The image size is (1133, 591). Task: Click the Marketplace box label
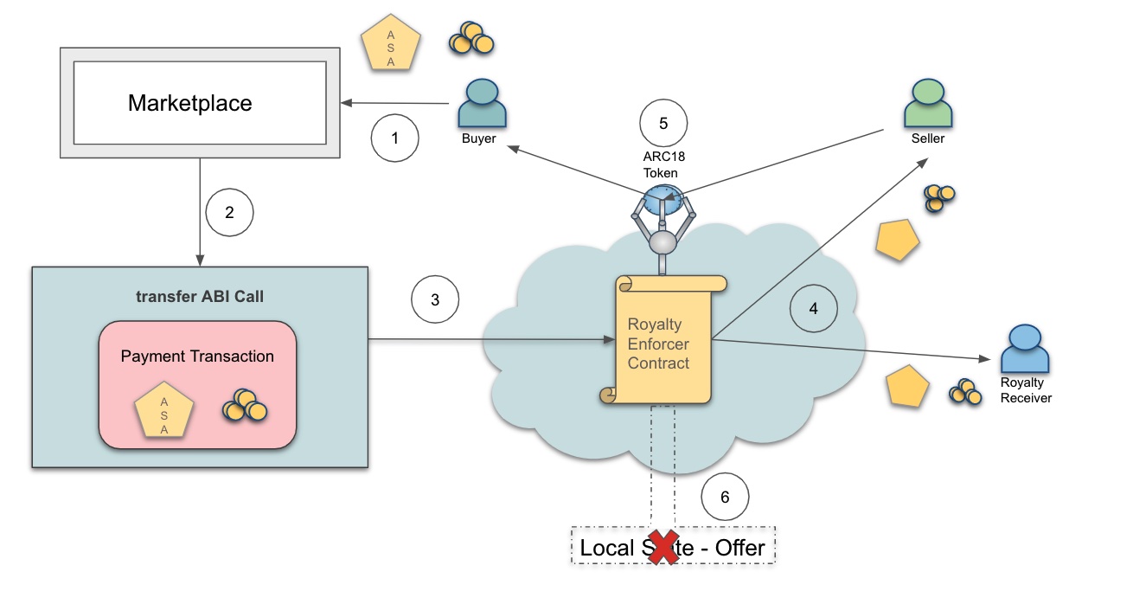point(190,104)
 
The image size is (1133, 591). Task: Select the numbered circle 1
point(394,138)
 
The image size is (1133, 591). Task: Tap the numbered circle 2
point(229,212)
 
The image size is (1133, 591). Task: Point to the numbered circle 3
point(435,299)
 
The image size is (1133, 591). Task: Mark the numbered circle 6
point(725,497)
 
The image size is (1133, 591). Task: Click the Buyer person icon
point(481,104)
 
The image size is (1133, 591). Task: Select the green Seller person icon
point(927,104)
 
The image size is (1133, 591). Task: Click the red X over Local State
point(663,547)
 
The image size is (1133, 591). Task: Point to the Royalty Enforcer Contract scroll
point(663,341)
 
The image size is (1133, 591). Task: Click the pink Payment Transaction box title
point(197,356)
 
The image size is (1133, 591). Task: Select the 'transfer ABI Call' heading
point(200,296)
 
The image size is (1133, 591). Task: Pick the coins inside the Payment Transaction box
point(245,406)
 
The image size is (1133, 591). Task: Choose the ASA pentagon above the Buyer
point(390,43)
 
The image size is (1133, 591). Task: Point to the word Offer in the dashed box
point(739,547)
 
